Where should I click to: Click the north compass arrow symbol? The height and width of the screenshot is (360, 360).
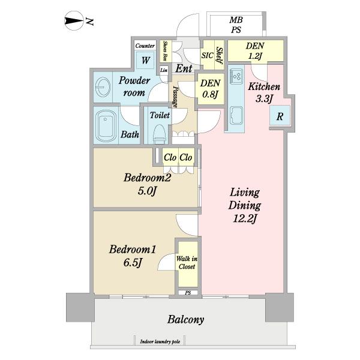(73, 21)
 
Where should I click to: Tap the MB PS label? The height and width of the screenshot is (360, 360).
(236, 25)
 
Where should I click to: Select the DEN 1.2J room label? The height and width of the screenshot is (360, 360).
(255, 50)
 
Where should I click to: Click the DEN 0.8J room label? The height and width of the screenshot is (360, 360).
(210, 88)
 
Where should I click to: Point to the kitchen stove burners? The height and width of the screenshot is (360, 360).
(236, 76)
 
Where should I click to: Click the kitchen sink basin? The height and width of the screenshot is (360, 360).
(236, 116)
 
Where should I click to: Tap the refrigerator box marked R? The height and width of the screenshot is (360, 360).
(280, 116)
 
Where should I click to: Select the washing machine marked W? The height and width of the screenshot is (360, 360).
(146, 61)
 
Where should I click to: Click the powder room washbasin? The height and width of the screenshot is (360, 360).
(102, 88)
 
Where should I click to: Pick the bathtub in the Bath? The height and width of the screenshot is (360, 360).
(106, 127)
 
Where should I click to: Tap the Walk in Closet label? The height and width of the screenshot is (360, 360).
(187, 263)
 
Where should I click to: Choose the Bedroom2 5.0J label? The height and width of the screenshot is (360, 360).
(147, 184)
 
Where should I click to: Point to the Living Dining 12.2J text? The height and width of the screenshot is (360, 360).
(245, 206)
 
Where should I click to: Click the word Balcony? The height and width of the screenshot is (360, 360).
(186, 320)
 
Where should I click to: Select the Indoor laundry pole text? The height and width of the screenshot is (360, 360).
(160, 342)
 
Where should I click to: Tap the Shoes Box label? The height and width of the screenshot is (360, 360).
(165, 51)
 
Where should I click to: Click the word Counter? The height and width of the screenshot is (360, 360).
(145, 46)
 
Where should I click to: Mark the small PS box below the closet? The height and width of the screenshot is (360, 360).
(188, 293)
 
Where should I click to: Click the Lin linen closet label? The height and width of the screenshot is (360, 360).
(164, 70)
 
